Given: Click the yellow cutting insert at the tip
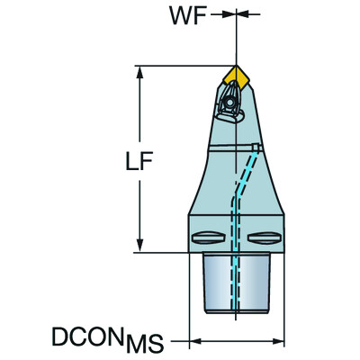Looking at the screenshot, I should [x=238, y=75].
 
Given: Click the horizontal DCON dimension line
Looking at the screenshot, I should [x=238, y=342].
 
